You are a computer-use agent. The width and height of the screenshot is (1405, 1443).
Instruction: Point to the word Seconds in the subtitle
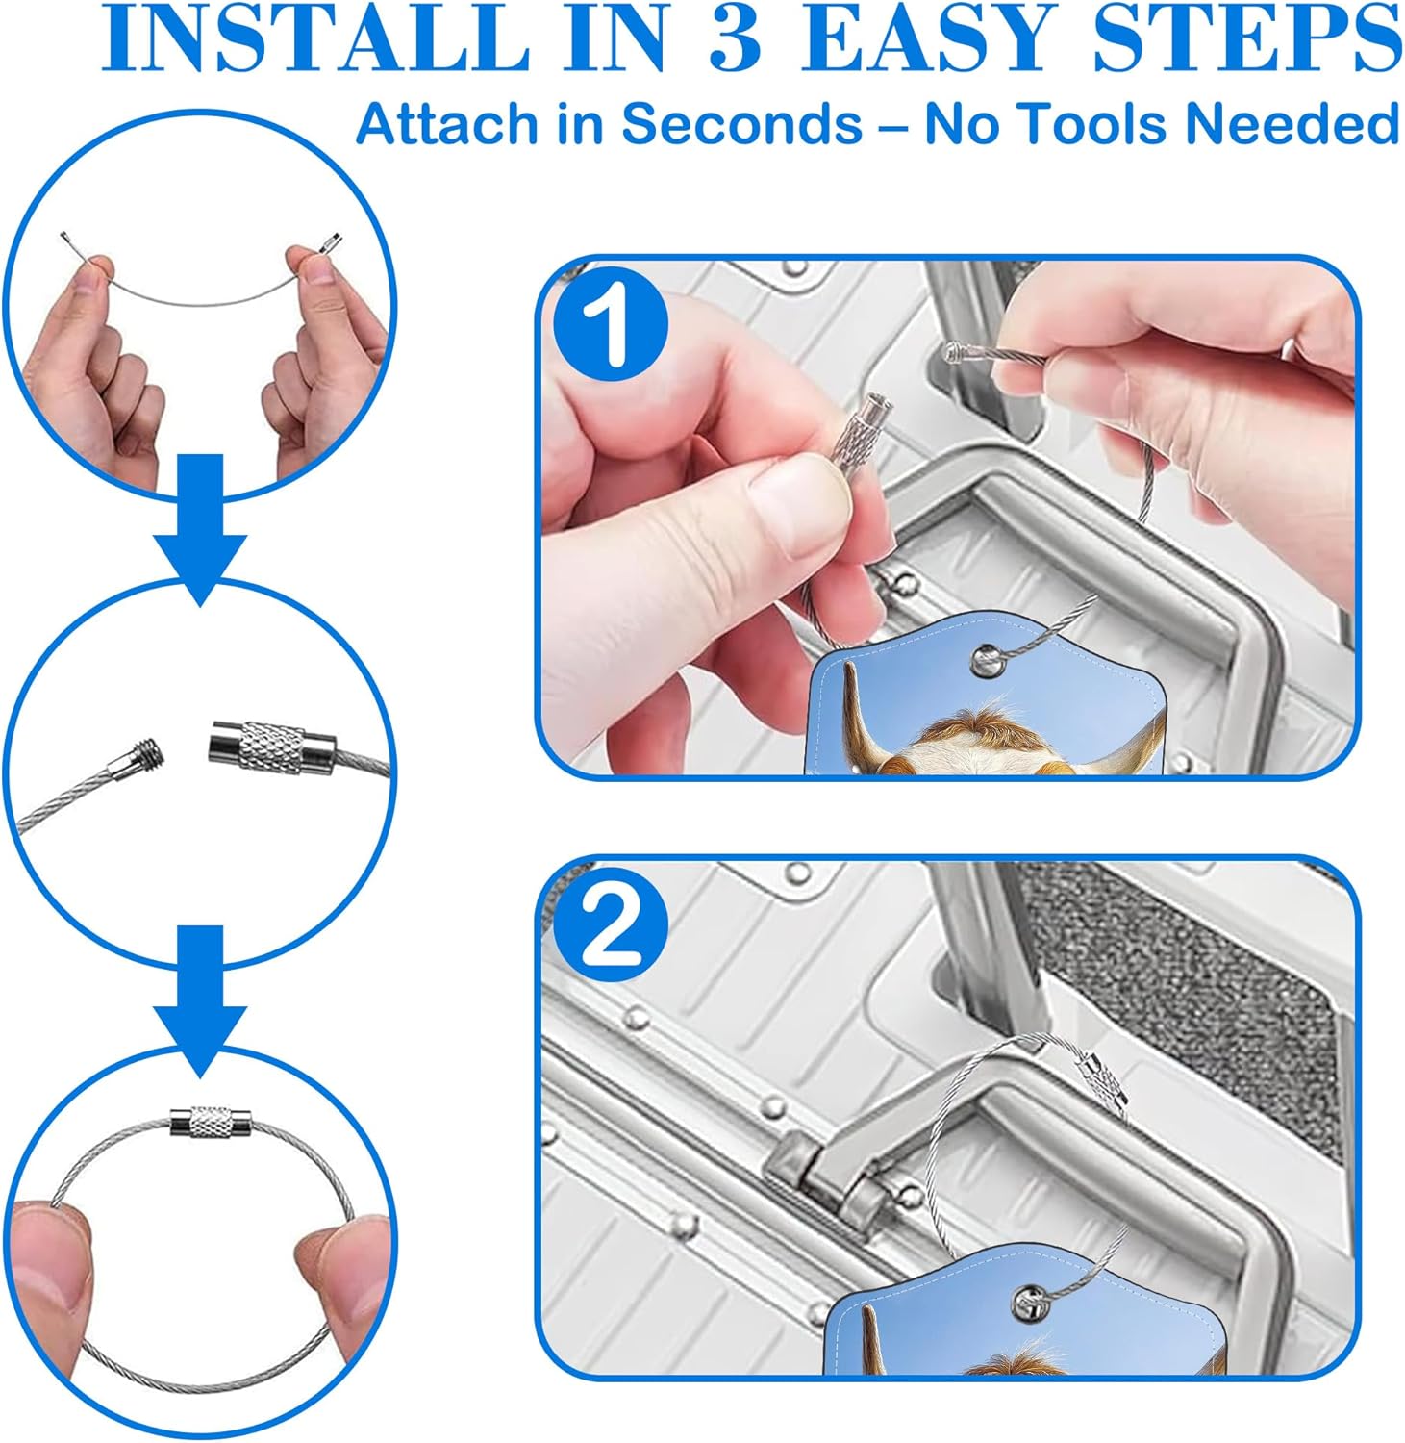point(741,124)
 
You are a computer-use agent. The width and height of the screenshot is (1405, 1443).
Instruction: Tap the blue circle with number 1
point(610,329)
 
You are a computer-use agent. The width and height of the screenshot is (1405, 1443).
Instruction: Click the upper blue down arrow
point(201,529)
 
